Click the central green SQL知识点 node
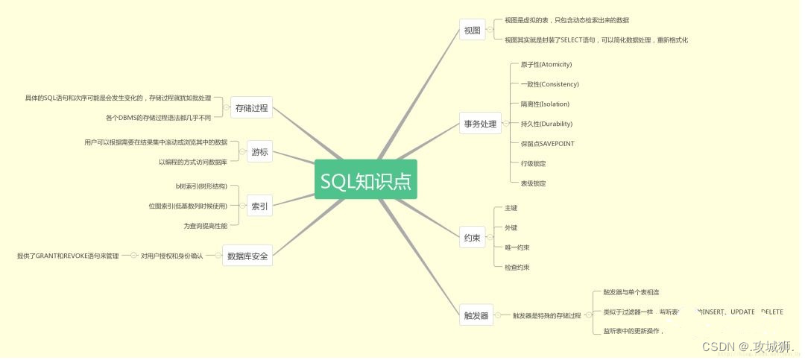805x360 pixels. tap(365, 180)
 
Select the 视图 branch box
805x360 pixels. tap(472, 30)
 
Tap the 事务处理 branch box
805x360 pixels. tap(480, 124)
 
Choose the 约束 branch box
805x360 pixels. tap(472, 238)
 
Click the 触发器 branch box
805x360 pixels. tap(475, 315)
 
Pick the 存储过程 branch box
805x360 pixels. tap(251, 108)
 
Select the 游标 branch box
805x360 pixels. tap(259, 152)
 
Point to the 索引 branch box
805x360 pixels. tap(259, 206)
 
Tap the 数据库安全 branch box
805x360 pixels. tap(247, 256)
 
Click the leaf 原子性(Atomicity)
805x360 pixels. tap(546, 65)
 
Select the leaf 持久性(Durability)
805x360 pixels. tap(546, 124)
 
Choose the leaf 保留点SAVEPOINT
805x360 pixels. tap(547, 143)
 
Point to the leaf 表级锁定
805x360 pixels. tap(533, 183)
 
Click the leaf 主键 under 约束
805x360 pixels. tap(511, 208)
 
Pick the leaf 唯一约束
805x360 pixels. tap(517, 247)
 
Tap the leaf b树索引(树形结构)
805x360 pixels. tap(196, 186)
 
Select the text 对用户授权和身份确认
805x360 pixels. tap(171, 256)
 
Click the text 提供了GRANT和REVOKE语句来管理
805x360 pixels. tap(68, 256)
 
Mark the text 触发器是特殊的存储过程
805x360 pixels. tap(546, 315)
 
